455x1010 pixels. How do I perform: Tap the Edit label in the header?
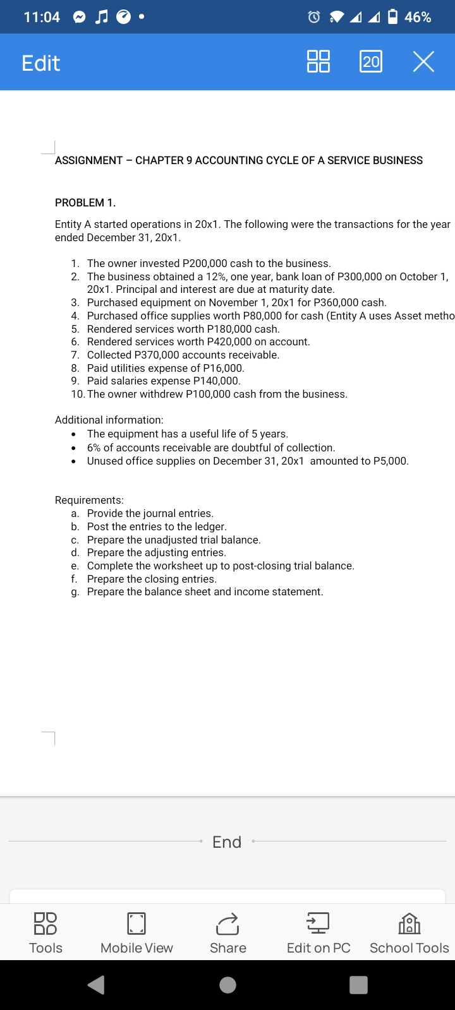coord(40,63)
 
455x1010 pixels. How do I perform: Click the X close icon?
coord(423,62)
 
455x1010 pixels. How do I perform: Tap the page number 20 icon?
coord(371,62)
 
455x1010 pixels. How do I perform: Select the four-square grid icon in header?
coord(318,62)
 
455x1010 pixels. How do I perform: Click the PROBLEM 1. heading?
coord(85,203)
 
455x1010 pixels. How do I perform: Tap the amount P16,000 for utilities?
coord(222,368)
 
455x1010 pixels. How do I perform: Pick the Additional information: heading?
coord(109,420)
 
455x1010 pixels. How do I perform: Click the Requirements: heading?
coord(89,500)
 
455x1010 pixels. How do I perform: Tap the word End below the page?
coord(227,842)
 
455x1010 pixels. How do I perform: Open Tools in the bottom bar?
coord(45,932)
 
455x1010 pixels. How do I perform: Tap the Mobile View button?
coord(136,932)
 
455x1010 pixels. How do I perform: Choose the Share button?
coord(227,932)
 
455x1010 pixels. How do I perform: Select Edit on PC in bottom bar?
coord(318,932)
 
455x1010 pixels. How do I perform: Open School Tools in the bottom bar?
coord(409,932)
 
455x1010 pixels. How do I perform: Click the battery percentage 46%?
coord(418,17)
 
